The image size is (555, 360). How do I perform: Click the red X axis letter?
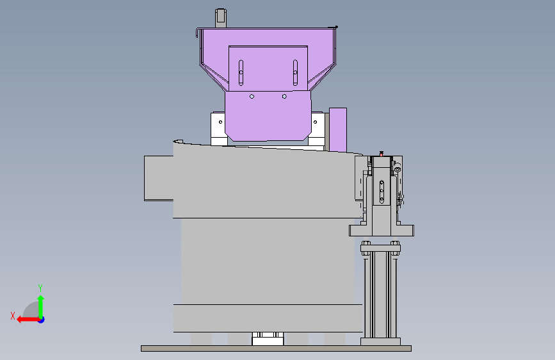tap(13, 316)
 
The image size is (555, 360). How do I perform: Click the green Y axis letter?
tap(40, 288)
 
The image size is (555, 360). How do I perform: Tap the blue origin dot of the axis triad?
tap(42, 320)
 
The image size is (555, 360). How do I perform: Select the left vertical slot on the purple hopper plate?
tap(241, 72)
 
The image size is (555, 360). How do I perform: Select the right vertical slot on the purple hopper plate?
tap(295, 72)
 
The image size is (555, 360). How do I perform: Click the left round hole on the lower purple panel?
tap(252, 96)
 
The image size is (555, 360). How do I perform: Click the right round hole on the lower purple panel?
tap(284, 96)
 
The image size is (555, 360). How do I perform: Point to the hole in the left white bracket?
tap(220, 122)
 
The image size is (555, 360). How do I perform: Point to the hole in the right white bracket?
tap(315, 122)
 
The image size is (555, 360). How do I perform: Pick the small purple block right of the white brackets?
tap(337, 130)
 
